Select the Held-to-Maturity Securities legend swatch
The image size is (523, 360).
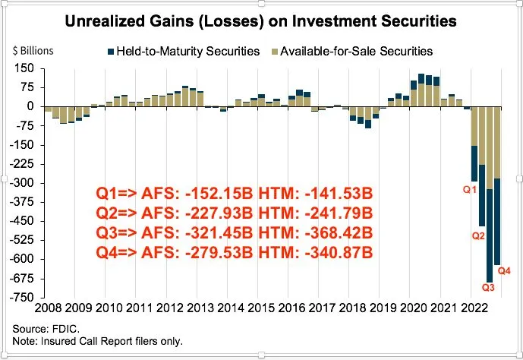[x=110, y=52]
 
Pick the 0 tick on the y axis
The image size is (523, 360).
[x=32, y=107]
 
